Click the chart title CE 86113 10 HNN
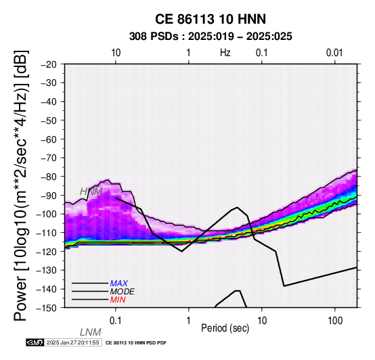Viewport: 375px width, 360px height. pyautogui.click(x=211, y=19)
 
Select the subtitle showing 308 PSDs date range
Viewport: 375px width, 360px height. pyautogui.click(x=211, y=37)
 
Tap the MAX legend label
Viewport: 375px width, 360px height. pyautogui.click(x=119, y=284)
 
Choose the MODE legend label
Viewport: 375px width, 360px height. pyautogui.click(x=123, y=292)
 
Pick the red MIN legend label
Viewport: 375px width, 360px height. pyautogui.click(x=118, y=300)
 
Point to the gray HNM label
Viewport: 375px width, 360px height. pyautogui.click(x=91, y=192)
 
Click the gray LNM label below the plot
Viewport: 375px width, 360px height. pyautogui.click(x=91, y=332)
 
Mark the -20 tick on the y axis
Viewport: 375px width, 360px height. pyautogui.click(x=49, y=64)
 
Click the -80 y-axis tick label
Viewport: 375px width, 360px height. pyautogui.click(x=49, y=177)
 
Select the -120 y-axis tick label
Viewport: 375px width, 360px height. pyautogui.click(x=47, y=251)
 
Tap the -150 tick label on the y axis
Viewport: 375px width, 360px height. pyautogui.click(x=47, y=308)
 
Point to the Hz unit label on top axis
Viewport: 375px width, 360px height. pyautogui.click(x=225, y=52)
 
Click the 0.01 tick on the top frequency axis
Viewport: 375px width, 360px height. pyautogui.click(x=334, y=53)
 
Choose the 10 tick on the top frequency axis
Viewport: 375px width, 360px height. pyautogui.click(x=116, y=53)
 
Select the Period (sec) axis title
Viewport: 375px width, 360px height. pyautogui.click(x=225, y=328)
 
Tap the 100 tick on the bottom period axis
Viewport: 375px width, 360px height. pyautogui.click(x=335, y=321)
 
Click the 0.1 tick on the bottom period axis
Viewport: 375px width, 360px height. pyautogui.click(x=115, y=321)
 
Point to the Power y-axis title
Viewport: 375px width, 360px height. pyautogui.click(x=21, y=185)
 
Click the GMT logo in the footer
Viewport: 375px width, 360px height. pyautogui.click(x=35, y=342)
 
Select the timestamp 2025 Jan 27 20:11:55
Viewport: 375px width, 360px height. pyautogui.click(x=72, y=342)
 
